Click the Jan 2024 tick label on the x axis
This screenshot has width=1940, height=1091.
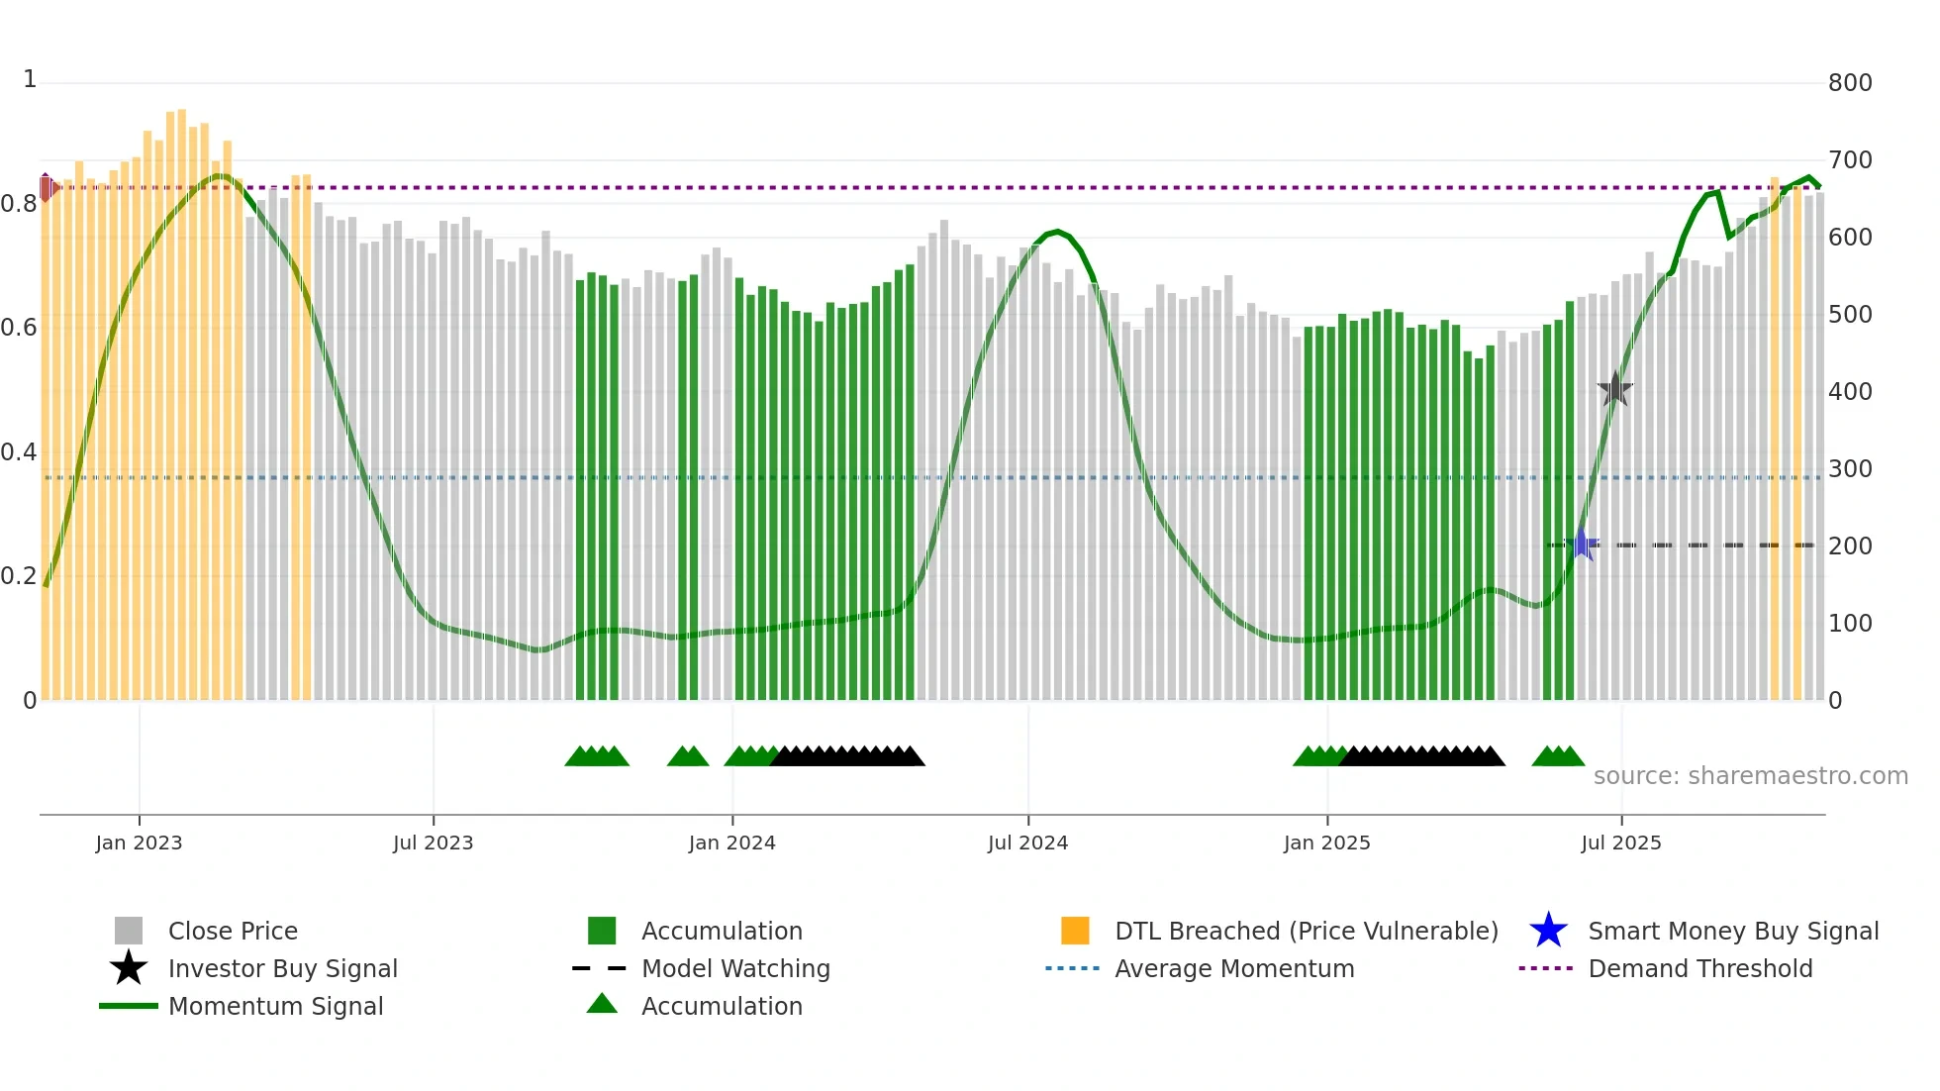point(731,843)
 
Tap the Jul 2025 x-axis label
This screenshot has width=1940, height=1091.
point(1620,843)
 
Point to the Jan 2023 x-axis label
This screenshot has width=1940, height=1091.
point(139,843)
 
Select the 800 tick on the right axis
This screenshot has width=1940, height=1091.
point(1849,83)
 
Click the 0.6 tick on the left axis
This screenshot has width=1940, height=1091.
point(19,328)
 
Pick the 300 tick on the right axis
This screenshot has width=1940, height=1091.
point(1849,469)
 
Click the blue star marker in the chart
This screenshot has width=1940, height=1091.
point(1582,545)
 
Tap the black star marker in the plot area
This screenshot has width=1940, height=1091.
point(1614,390)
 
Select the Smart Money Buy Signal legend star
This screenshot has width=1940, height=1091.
point(1548,931)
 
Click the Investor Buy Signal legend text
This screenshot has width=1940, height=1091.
point(282,968)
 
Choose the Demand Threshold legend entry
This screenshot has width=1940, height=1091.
point(1699,968)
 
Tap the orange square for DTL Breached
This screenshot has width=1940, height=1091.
point(1075,931)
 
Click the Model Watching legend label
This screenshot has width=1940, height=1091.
point(735,968)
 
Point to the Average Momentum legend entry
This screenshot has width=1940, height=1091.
point(1233,968)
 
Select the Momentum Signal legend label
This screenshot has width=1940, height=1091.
point(275,1006)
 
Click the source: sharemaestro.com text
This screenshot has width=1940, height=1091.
point(1750,776)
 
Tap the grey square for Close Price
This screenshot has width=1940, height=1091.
point(129,931)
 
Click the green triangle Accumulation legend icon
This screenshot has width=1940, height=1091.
point(602,1005)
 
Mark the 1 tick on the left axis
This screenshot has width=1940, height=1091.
point(30,79)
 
